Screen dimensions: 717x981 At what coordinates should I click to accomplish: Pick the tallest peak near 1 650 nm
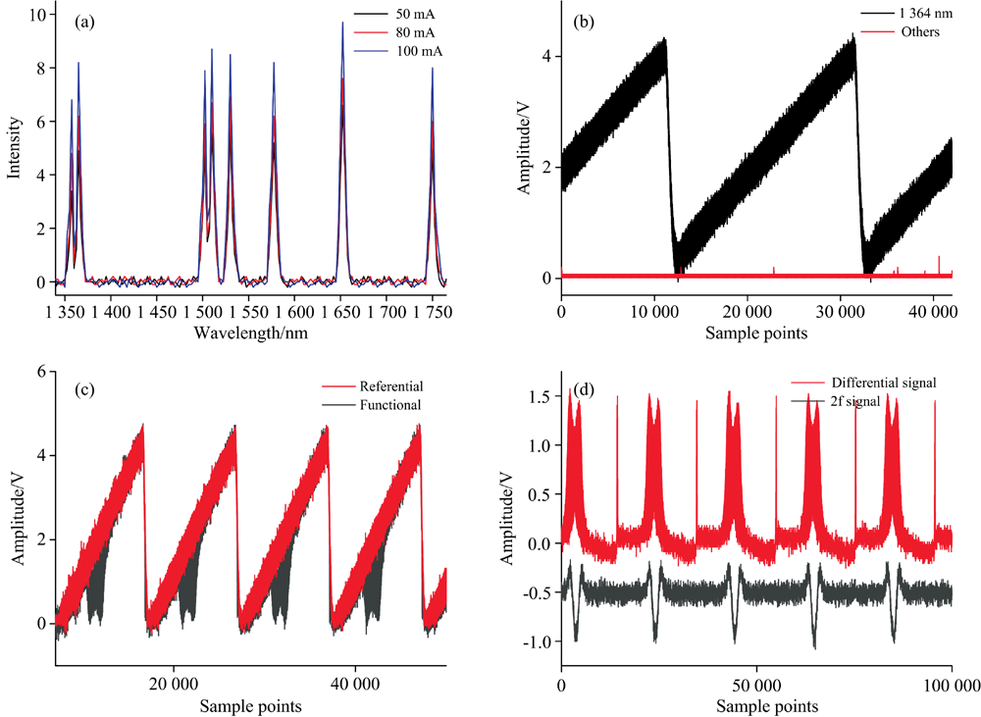(x=342, y=24)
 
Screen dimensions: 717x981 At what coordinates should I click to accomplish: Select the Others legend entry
(x=917, y=31)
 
